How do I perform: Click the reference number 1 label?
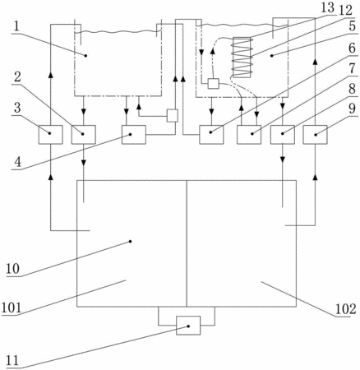pyautogui.click(x=16, y=26)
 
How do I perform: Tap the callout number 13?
pyautogui.click(x=328, y=7)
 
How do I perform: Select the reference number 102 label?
pyautogui.click(x=345, y=309)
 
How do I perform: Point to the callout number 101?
pyautogui.click(x=12, y=308)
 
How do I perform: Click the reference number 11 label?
pyautogui.click(x=12, y=360)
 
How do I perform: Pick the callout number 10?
pyautogui.click(x=13, y=269)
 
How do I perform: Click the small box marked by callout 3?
pyautogui.click(x=50, y=134)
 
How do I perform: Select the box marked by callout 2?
pyautogui.click(x=84, y=134)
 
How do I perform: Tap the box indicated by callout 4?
pyautogui.click(x=134, y=134)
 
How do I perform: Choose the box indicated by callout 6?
pyautogui.click(x=211, y=134)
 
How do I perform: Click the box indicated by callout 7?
pyautogui.click(x=249, y=134)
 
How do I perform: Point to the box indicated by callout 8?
pyautogui.click(x=283, y=134)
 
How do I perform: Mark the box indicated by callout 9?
pyautogui.click(x=315, y=134)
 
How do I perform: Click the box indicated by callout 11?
pyautogui.click(x=188, y=326)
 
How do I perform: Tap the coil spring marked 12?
pyautogui.click(x=242, y=58)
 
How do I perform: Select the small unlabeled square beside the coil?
pyautogui.click(x=213, y=84)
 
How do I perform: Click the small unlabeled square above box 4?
pyautogui.click(x=173, y=115)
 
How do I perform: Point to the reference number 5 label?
pyautogui.click(x=353, y=27)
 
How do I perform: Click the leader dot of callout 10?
pyautogui.click(x=130, y=242)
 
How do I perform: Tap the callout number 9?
pyautogui.click(x=352, y=109)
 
